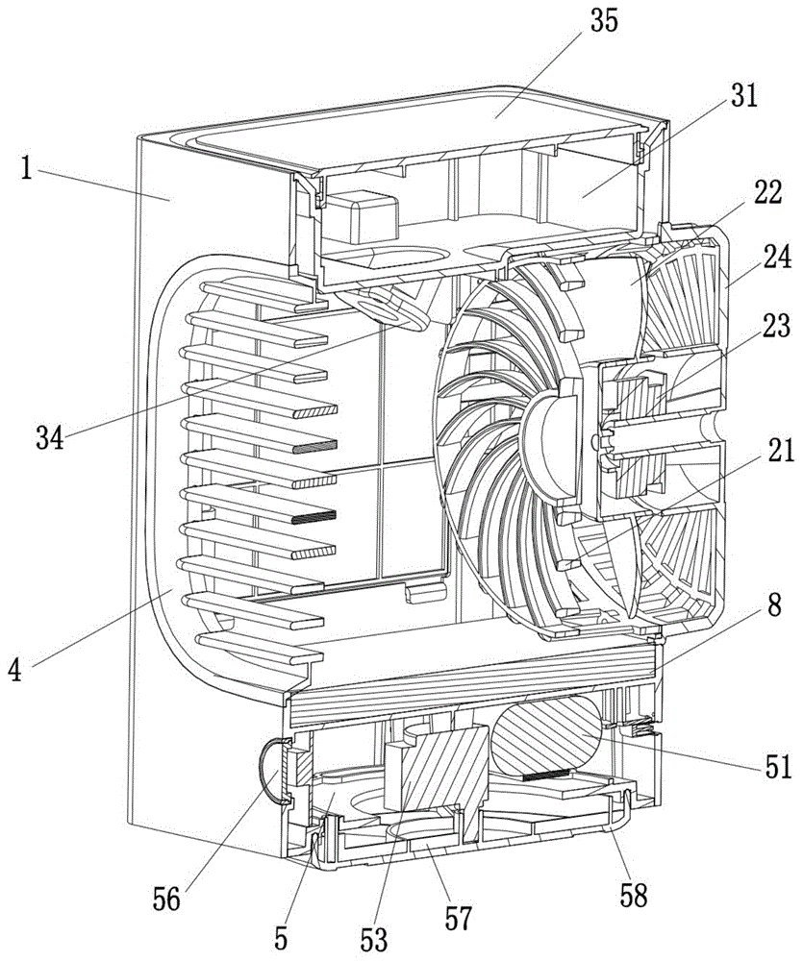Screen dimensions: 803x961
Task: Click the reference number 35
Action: click(604, 21)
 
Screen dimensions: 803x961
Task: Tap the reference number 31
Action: click(743, 96)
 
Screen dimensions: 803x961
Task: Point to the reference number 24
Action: click(777, 258)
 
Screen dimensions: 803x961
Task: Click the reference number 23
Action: click(777, 326)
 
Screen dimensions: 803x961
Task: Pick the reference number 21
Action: click(779, 452)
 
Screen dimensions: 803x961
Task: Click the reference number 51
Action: click(779, 766)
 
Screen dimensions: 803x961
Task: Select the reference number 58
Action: click(633, 897)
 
